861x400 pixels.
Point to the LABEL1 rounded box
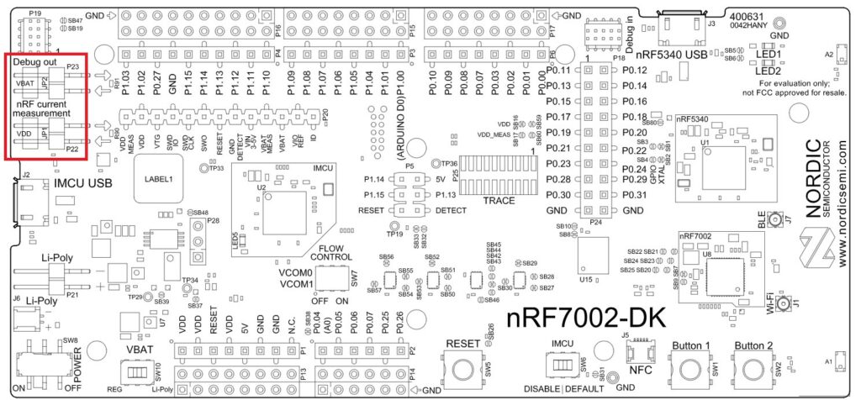pos(158,178)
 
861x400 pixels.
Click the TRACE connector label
pos(499,201)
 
